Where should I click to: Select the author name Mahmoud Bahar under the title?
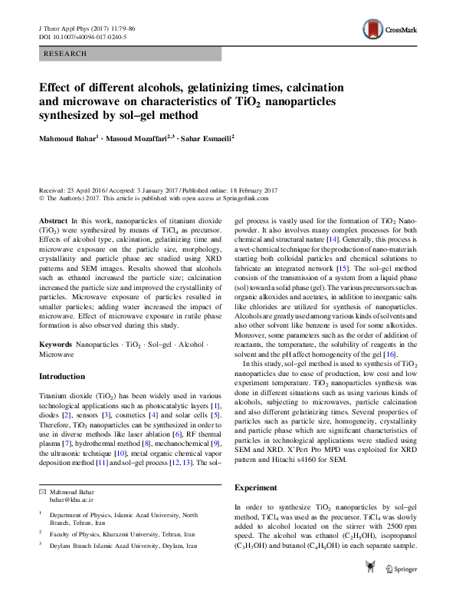(x=68, y=138)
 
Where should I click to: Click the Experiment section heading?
(x=256, y=487)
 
